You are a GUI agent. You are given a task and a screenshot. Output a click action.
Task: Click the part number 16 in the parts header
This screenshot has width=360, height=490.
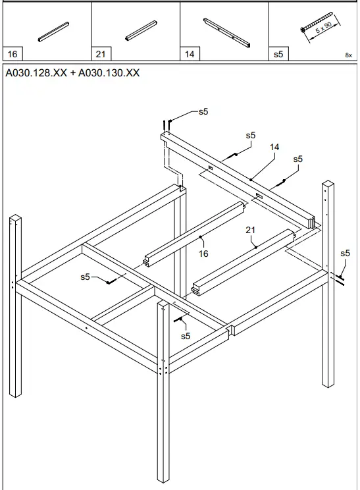13,54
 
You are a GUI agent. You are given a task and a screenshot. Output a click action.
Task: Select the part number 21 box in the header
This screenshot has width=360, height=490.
101,54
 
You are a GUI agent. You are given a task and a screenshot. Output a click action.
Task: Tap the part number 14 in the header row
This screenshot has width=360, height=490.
190,54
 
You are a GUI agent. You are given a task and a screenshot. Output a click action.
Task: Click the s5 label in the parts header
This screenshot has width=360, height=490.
278,54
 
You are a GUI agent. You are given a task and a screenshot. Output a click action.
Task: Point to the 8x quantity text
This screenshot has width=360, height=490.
348,55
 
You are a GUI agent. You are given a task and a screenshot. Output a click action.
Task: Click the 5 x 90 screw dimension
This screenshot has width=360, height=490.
323,28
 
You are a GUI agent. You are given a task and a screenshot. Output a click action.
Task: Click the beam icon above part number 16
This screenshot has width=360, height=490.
53,32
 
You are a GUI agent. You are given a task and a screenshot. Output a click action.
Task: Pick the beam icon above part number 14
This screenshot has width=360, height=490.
226,33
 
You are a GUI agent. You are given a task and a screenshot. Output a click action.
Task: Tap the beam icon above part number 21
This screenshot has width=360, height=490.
141,30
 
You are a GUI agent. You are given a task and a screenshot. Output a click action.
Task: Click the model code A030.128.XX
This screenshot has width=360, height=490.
36,73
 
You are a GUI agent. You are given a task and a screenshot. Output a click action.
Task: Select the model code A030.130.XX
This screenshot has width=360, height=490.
109,73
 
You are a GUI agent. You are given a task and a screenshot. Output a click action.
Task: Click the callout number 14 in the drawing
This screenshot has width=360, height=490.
274,147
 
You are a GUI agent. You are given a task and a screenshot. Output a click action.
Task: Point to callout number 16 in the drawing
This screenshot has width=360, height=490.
203,254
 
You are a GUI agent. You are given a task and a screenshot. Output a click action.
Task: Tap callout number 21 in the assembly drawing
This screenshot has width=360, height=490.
250,230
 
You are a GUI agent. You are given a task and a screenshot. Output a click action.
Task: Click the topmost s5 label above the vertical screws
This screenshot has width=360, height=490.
203,111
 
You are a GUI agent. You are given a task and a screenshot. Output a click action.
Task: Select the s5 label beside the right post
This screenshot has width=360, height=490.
345,253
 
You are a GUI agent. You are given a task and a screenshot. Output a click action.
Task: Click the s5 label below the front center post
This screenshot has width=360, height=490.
186,336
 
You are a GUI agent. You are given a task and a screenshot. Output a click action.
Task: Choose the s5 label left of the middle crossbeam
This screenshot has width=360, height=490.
85,277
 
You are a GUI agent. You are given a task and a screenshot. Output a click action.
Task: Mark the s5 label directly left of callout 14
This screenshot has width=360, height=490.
250,135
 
